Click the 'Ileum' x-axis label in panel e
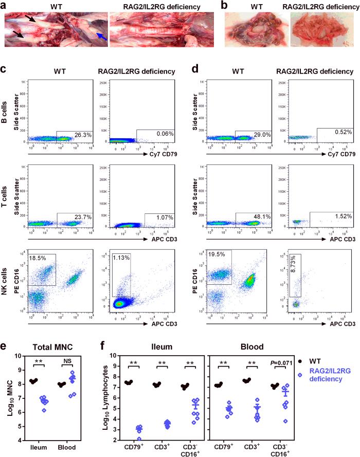(x=38, y=447)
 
